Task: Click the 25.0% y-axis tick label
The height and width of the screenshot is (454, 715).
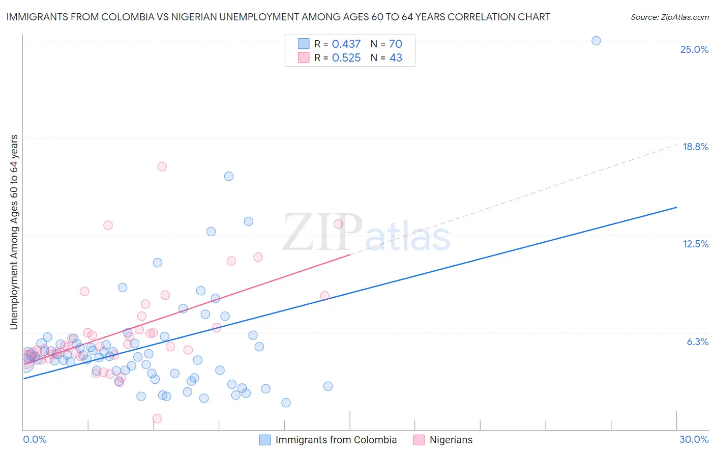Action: click(x=694, y=49)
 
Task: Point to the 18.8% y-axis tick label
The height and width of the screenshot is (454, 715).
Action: click(x=695, y=147)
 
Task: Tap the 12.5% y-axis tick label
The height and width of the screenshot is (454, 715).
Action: click(x=695, y=244)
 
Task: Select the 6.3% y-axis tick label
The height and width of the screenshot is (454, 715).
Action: click(x=697, y=342)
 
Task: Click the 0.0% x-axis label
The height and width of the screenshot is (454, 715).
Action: click(x=35, y=439)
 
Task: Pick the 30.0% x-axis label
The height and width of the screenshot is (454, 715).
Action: click(x=694, y=439)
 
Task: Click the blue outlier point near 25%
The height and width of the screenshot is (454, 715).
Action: click(x=596, y=41)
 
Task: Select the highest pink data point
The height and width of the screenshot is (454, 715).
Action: click(x=162, y=166)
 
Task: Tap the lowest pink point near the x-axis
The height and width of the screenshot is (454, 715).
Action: click(x=157, y=418)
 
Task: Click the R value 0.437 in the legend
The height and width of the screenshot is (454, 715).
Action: click(x=346, y=44)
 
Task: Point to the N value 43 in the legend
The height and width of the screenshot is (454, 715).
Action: click(x=396, y=58)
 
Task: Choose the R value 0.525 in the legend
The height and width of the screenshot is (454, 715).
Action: click(x=346, y=58)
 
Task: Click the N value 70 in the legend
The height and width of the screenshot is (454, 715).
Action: click(x=396, y=44)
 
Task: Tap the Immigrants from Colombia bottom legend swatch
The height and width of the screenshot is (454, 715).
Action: click(x=265, y=440)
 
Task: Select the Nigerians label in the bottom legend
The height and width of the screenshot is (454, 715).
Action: click(x=451, y=440)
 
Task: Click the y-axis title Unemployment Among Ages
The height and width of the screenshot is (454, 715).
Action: click(x=14, y=232)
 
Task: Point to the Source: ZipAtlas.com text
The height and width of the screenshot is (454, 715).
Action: click(x=669, y=17)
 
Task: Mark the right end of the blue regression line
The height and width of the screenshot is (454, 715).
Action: click(x=676, y=207)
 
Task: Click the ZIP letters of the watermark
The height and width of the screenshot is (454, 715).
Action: click(x=322, y=233)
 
